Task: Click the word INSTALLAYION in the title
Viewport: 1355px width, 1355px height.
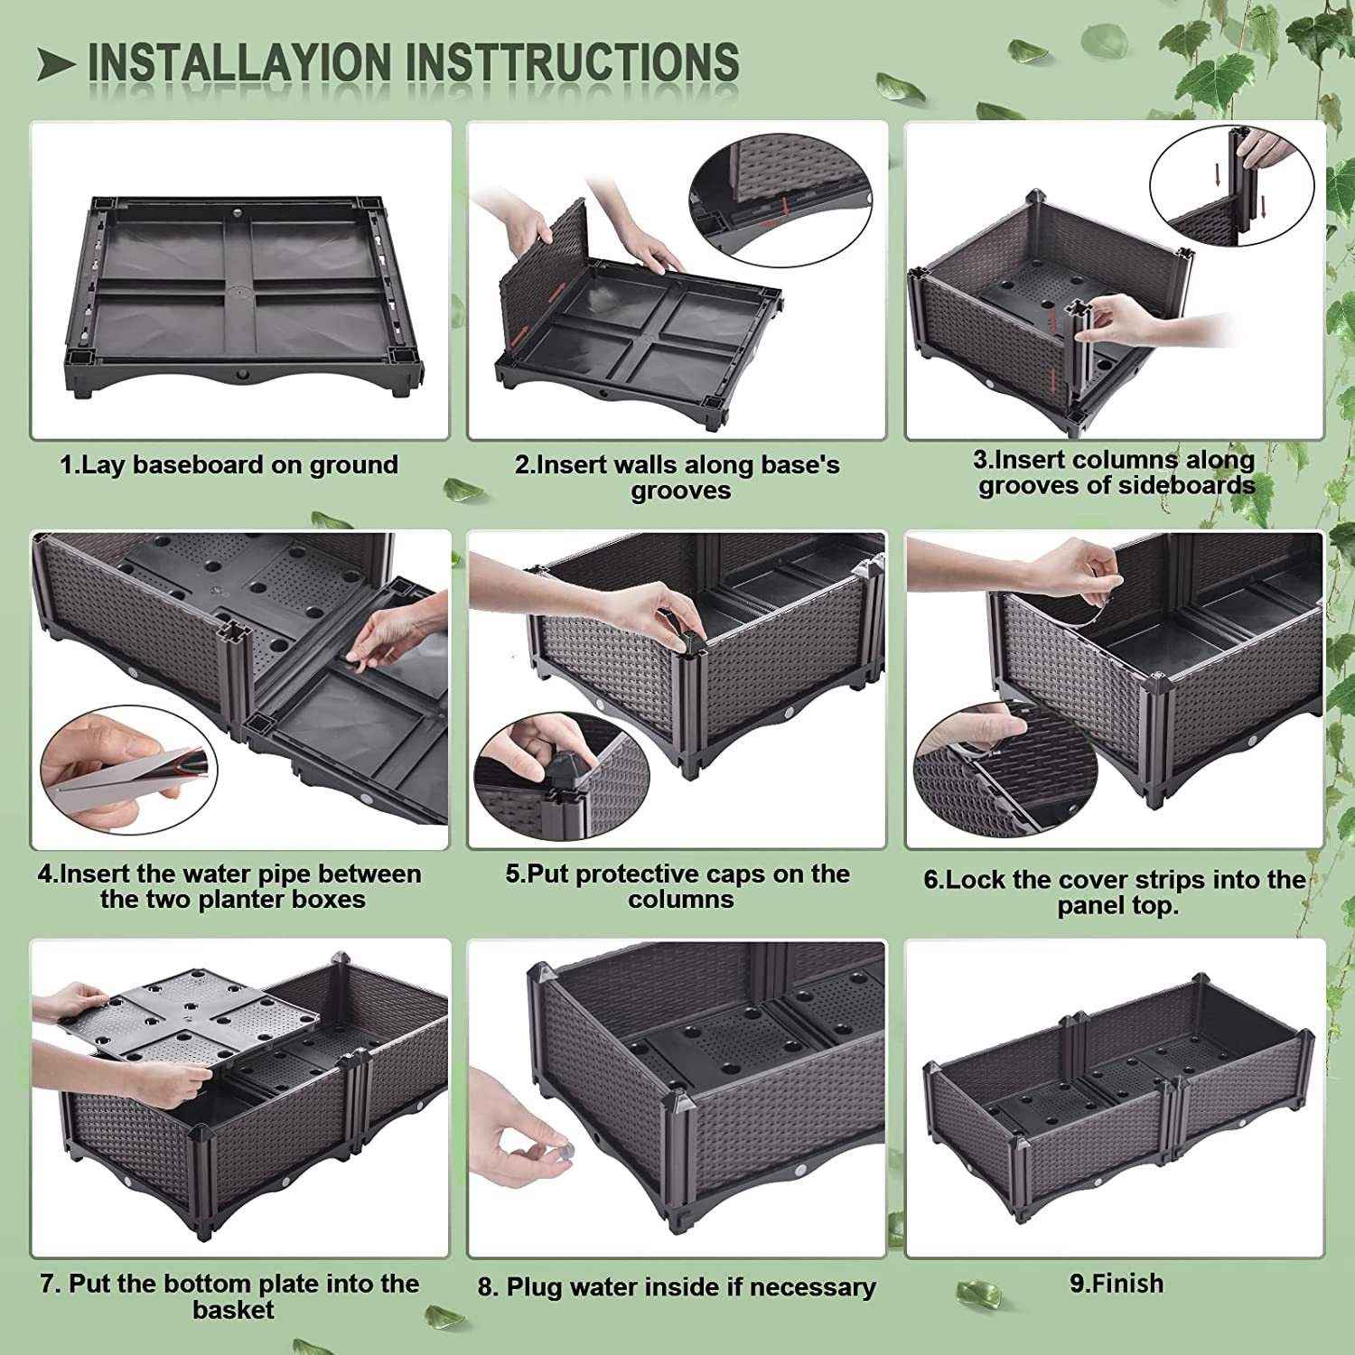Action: coord(241,61)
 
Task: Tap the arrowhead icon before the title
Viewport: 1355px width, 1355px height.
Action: coord(56,64)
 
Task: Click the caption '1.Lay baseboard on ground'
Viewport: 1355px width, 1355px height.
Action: coord(229,464)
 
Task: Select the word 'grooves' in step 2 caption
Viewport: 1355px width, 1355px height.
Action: coord(680,491)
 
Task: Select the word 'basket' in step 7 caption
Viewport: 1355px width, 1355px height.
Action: coord(233,1309)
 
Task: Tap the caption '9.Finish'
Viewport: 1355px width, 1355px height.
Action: coord(1117,1284)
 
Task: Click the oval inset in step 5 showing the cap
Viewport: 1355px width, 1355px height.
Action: coord(561,777)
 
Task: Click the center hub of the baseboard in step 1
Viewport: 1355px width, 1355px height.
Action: coord(240,292)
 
